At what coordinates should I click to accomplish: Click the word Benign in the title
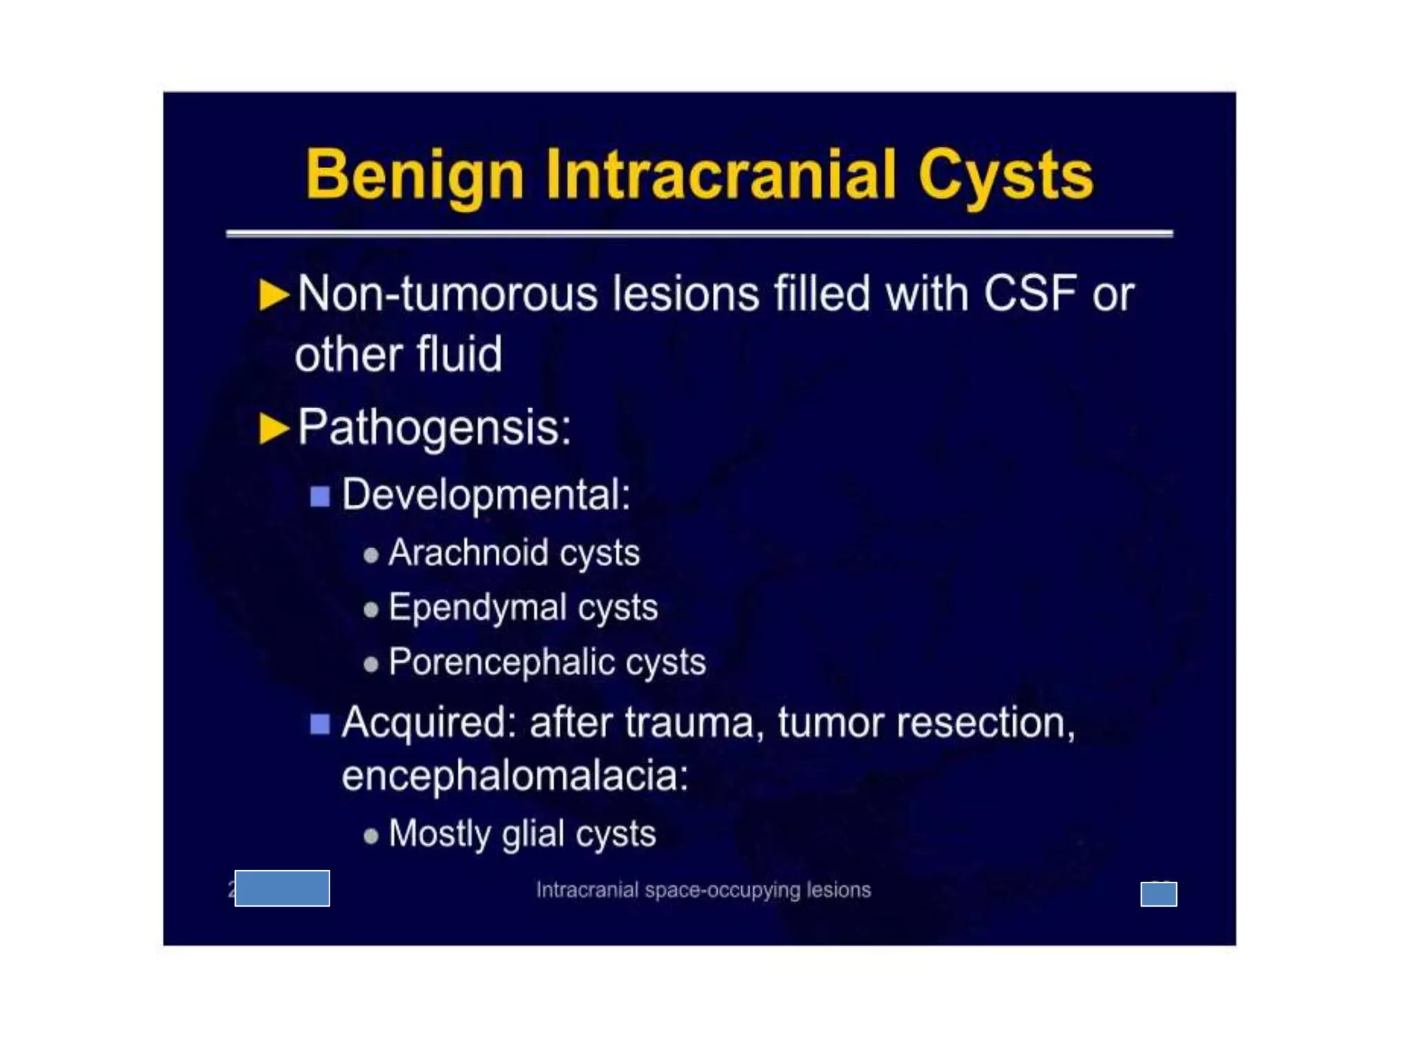[x=414, y=175]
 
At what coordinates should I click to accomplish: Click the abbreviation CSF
[x=1030, y=294]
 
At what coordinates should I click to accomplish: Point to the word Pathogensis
[x=434, y=428]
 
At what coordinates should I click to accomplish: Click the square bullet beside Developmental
[x=320, y=496]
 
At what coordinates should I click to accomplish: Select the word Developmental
[x=486, y=495]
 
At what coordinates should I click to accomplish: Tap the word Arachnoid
[x=468, y=553]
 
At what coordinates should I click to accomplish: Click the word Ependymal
[x=477, y=607]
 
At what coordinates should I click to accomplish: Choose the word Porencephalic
[x=501, y=662]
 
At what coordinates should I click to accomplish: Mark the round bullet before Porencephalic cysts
[x=371, y=664]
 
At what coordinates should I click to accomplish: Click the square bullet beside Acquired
[x=320, y=724]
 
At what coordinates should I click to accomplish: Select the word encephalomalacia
[x=514, y=776]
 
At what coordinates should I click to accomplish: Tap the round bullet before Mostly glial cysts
[x=371, y=836]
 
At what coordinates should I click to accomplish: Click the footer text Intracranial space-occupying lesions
[x=703, y=890]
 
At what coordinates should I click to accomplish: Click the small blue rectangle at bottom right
[x=1158, y=894]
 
